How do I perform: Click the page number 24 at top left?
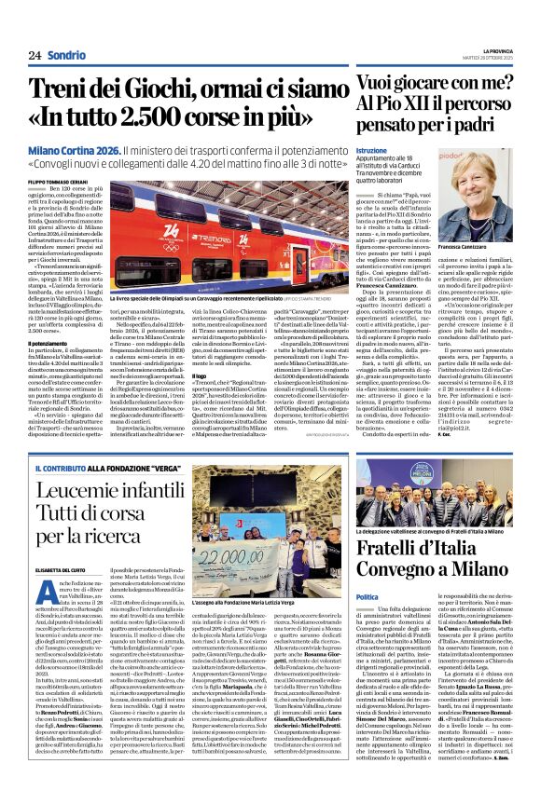pos(35,55)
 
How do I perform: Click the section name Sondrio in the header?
pos(66,55)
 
